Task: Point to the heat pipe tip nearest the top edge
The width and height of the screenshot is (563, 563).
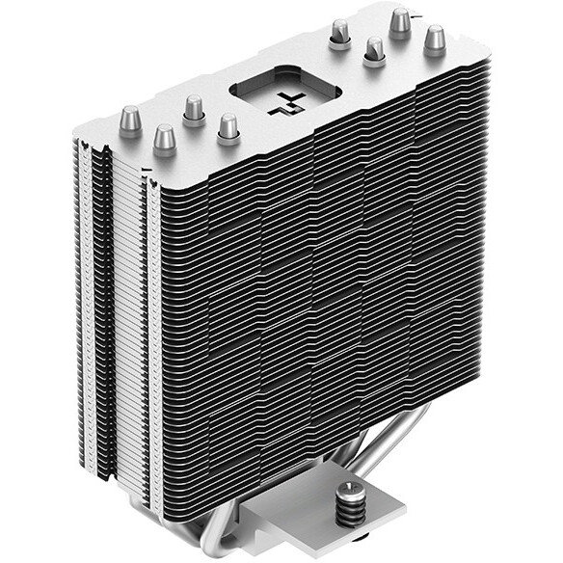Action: point(398,20)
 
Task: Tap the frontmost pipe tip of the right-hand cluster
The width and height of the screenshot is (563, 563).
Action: point(371,51)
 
